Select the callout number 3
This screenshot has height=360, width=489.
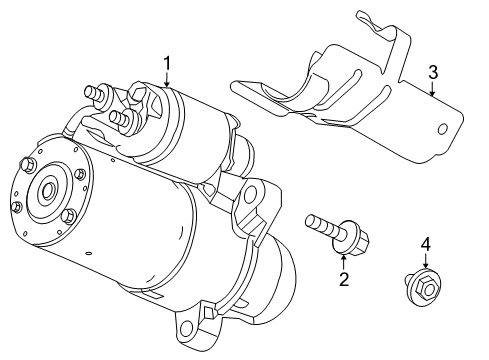pos(433,71)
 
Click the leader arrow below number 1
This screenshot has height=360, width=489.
pos(167,82)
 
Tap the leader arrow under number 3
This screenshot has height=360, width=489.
pos(431,91)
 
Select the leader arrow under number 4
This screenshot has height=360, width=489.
pos(424,262)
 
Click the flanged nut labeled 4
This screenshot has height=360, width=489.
pos(421,289)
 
